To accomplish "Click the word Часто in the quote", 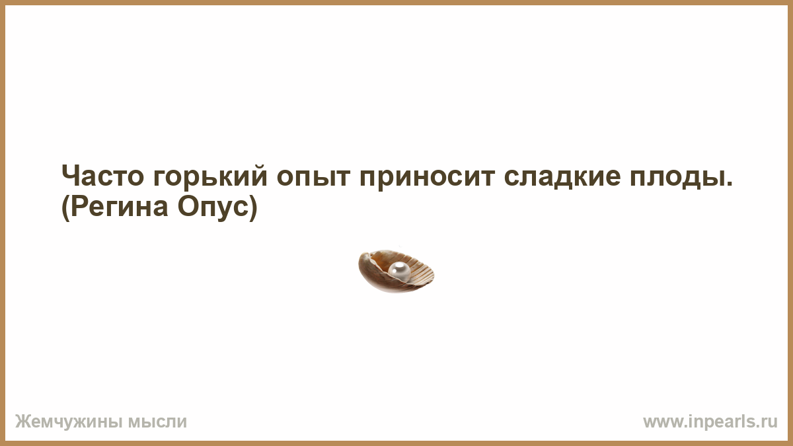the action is click(102, 176).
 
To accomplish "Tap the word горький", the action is click(210, 176).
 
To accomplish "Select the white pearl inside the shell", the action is click(399, 272).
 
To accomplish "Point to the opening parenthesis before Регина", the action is click(66, 209).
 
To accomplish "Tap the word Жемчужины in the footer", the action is click(69, 422).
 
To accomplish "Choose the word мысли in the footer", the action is click(157, 422).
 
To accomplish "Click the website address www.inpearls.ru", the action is click(710, 422).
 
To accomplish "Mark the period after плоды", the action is click(728, 184).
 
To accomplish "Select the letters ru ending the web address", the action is click(771, 423).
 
